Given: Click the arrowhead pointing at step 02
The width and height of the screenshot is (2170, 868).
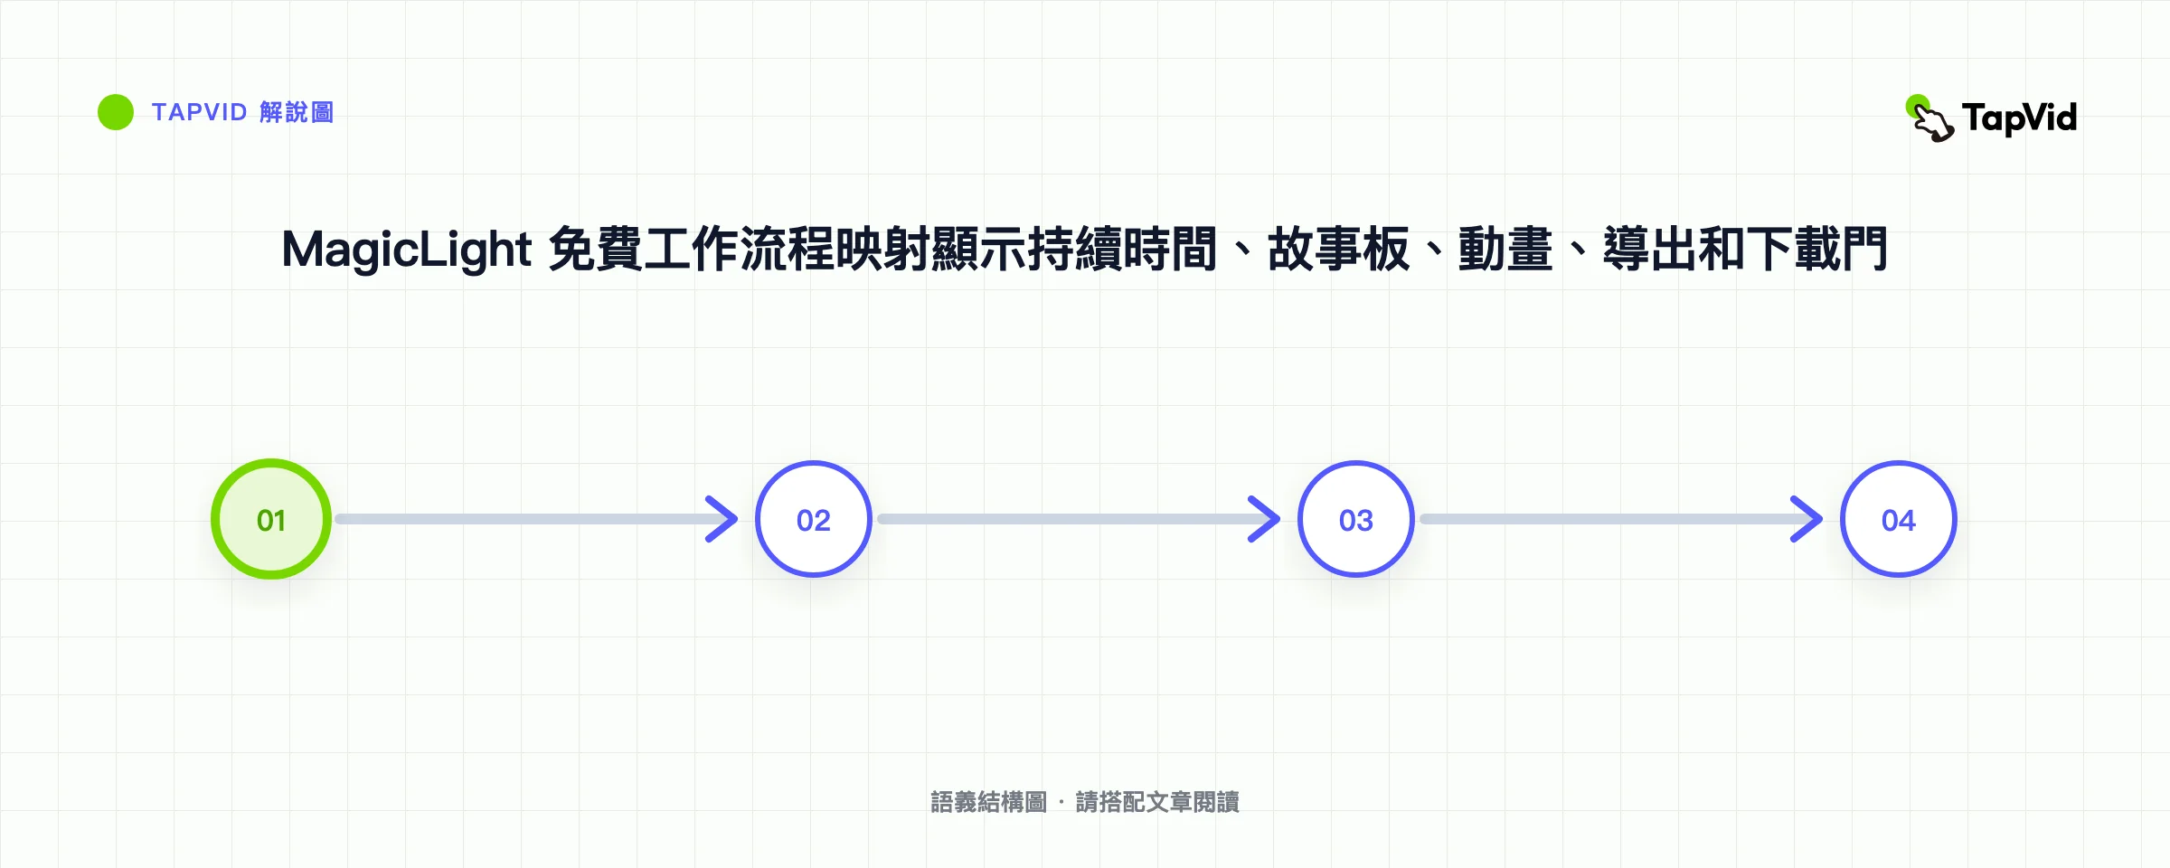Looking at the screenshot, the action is [x=723, y=519].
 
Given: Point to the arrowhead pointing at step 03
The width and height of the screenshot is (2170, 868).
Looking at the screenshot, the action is [x=1266, y=519].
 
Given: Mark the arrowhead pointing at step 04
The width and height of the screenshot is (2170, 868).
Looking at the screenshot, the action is [x=1808, y=519].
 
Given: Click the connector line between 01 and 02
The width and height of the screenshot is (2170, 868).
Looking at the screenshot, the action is [x=533, y=519].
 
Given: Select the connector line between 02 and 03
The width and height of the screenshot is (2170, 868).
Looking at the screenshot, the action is [x=1076, y=519].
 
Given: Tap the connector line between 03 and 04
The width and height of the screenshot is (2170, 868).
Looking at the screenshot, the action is [x=1618, y=519].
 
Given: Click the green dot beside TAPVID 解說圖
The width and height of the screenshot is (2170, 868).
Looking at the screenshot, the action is [x=116, y=112].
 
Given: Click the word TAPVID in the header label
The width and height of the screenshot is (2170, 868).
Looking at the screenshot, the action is [x=199, y=112].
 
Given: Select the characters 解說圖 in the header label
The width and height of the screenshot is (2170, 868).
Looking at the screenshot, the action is [x=297, y=112].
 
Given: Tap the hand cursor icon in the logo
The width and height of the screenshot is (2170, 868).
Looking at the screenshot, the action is [x=1929, y=119].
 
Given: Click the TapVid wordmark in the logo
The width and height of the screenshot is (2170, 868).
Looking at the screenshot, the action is [x=2019, y=118].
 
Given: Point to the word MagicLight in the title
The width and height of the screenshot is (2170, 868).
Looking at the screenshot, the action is [x=407, y=250].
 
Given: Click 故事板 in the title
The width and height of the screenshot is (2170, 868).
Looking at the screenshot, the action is [x=1338, y=250].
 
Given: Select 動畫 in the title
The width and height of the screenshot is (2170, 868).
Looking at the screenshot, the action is [x=1505, y=250].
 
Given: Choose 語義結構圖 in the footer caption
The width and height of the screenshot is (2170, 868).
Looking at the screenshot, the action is [x=989, y=802].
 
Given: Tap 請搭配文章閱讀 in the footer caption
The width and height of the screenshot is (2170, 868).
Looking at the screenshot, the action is [x=1157, y=802].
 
